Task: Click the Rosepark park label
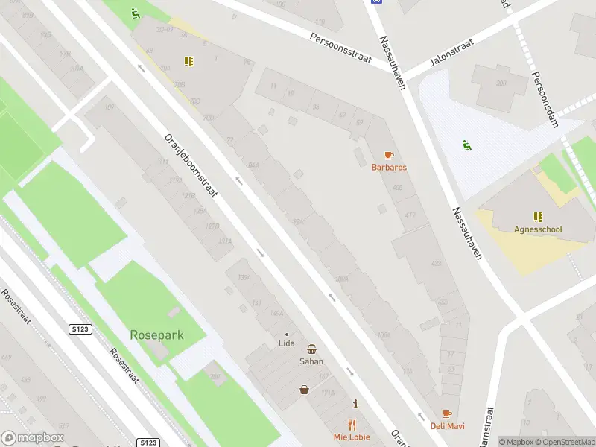click(156, 335)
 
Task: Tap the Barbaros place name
click(389, 167)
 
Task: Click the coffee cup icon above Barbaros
click(388, 155)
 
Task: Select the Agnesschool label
click(538, 229)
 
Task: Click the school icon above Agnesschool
click(538, 217)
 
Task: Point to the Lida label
click(286, 343)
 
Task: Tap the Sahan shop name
click(311, 361)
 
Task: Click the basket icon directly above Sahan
click(311, 349)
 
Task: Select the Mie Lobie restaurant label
click(352, 437)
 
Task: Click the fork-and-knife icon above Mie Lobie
click(352, 425)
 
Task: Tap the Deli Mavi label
click(447, 426)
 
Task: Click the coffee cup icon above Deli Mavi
click(447, 413)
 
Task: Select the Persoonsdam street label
click(545, 100)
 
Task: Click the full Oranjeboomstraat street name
click(190, 166)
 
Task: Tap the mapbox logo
click(31, 438)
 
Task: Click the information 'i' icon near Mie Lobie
click(355, 405)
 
